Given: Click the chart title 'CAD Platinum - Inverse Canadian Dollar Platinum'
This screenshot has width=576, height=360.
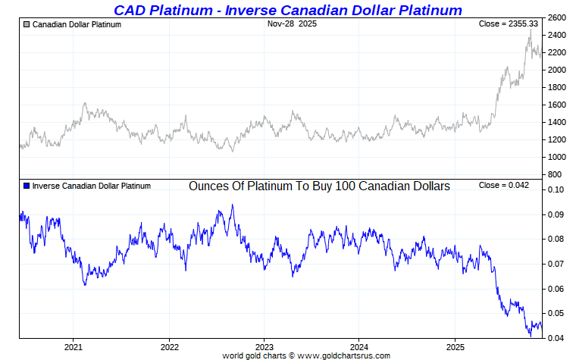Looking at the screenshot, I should [x=287, y=10].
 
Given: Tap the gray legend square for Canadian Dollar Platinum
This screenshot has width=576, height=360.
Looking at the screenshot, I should [x=27, y=25].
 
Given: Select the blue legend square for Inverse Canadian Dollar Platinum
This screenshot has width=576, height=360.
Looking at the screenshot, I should [x=27, y=186].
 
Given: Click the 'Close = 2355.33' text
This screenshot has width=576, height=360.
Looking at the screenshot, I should [x=509, y=24].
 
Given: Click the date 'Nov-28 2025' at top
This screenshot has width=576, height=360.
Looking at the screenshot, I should [x=292, y=24].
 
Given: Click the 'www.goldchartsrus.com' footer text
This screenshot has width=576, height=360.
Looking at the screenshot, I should [x=344, y=355].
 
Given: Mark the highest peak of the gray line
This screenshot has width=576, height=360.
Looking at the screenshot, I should [x=531, y=30].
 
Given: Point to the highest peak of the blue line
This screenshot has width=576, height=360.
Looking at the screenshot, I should [x=232, y=205].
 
